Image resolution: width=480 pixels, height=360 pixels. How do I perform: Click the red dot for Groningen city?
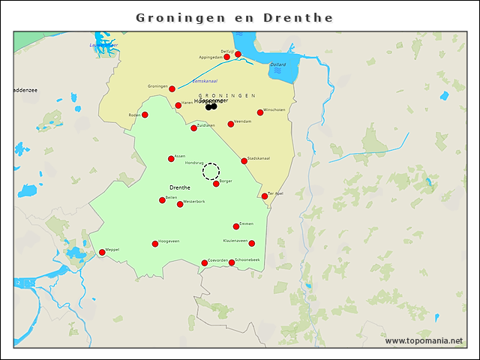point(172,88)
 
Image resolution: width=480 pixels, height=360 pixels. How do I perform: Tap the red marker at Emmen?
point(236,226)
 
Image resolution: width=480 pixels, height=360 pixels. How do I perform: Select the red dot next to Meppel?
point(102,252)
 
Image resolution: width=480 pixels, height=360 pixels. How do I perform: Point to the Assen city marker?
point(171,158)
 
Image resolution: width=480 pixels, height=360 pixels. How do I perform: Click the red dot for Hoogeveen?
point(155,244)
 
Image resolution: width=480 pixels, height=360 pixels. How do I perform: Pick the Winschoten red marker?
point(260,112)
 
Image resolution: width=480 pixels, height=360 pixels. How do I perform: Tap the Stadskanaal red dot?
point(244,160)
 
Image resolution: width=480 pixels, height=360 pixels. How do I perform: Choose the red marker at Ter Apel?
point(264,196)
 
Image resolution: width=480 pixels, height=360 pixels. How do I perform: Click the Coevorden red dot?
point(204,262)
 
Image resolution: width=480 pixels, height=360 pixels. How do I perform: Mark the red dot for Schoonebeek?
point(232,262)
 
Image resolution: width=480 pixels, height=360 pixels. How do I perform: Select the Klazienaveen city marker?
point(252,243)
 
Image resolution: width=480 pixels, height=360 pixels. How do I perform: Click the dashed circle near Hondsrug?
point(211,172)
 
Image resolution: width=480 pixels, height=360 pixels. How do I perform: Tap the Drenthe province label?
point(179,187)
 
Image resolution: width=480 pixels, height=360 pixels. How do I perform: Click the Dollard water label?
point(277,64)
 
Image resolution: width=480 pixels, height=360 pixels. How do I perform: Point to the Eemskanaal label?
point(204,81)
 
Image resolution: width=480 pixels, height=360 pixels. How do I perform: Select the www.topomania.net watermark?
point(424,340)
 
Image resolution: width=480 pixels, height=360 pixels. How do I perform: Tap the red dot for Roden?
point(145,115)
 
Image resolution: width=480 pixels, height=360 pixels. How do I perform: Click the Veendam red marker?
point(231,124)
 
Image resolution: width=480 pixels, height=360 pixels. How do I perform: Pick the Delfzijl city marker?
point(238,54)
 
